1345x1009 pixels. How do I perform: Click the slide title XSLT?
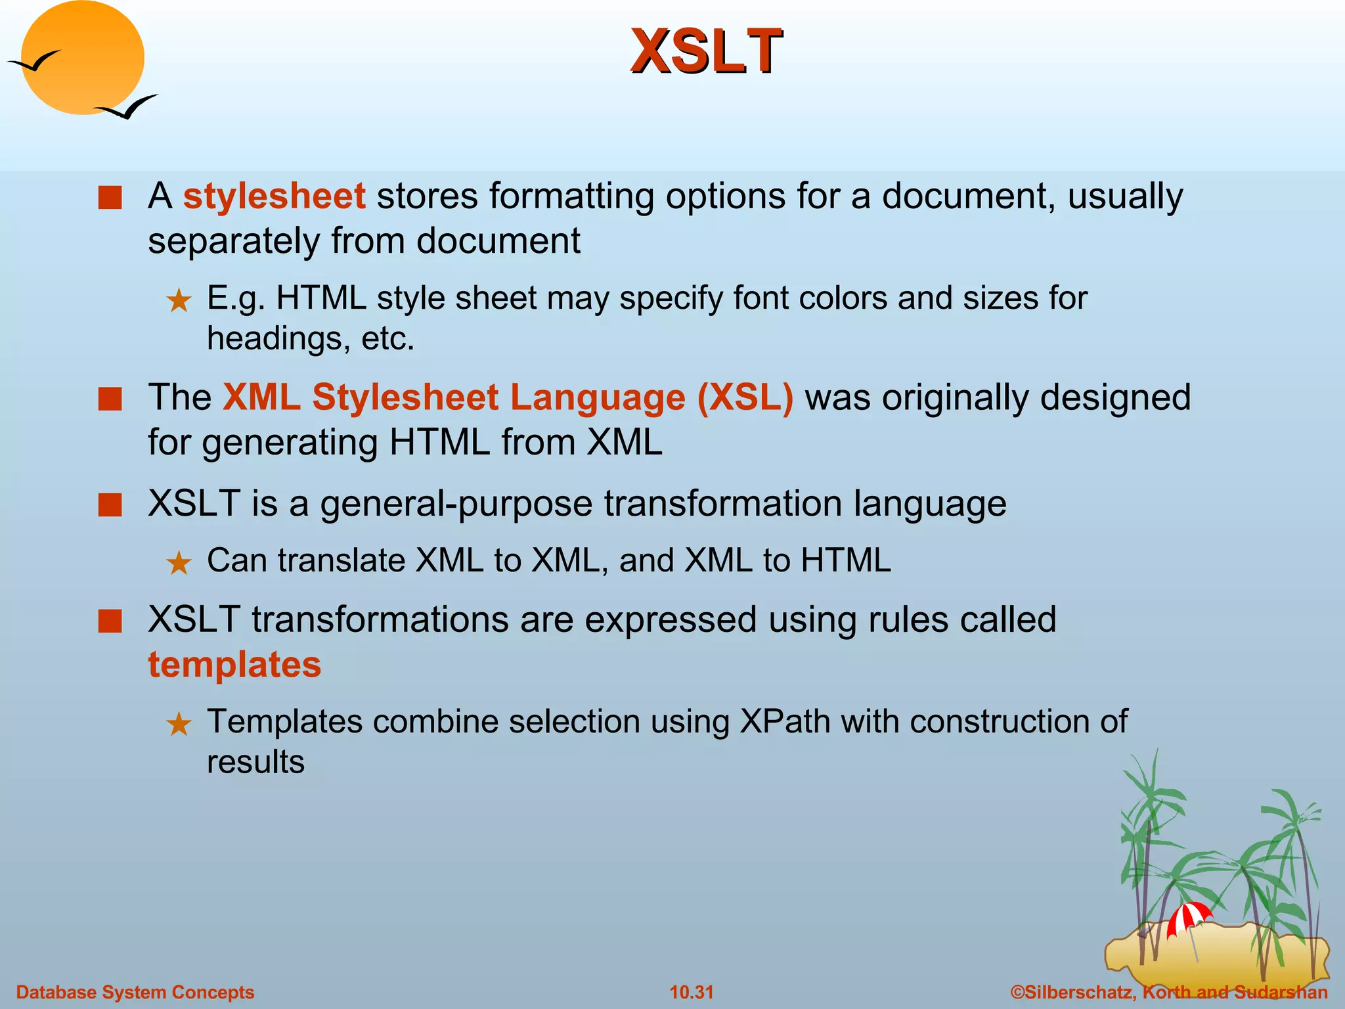[706, 51]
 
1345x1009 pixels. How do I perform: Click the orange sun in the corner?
[82, 58]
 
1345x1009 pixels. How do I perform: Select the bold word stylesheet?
[274, 196]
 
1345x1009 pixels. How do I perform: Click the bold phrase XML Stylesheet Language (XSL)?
[508, 397]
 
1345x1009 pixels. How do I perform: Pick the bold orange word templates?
[234, 664]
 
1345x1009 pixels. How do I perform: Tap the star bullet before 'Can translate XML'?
[179, 563]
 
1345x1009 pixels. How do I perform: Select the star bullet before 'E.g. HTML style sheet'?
[179, 301]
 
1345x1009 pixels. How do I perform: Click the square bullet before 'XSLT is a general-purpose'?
[110, 505]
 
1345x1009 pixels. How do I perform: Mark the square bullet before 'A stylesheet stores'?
[110, 198]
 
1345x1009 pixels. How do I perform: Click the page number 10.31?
[691, 992]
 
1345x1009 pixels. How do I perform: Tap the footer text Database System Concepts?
[135, 992]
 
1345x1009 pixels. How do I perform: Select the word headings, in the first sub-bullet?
[278, 339]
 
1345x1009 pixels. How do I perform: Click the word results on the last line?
[255, 762]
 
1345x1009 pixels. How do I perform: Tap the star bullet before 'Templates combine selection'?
[179, 725]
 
